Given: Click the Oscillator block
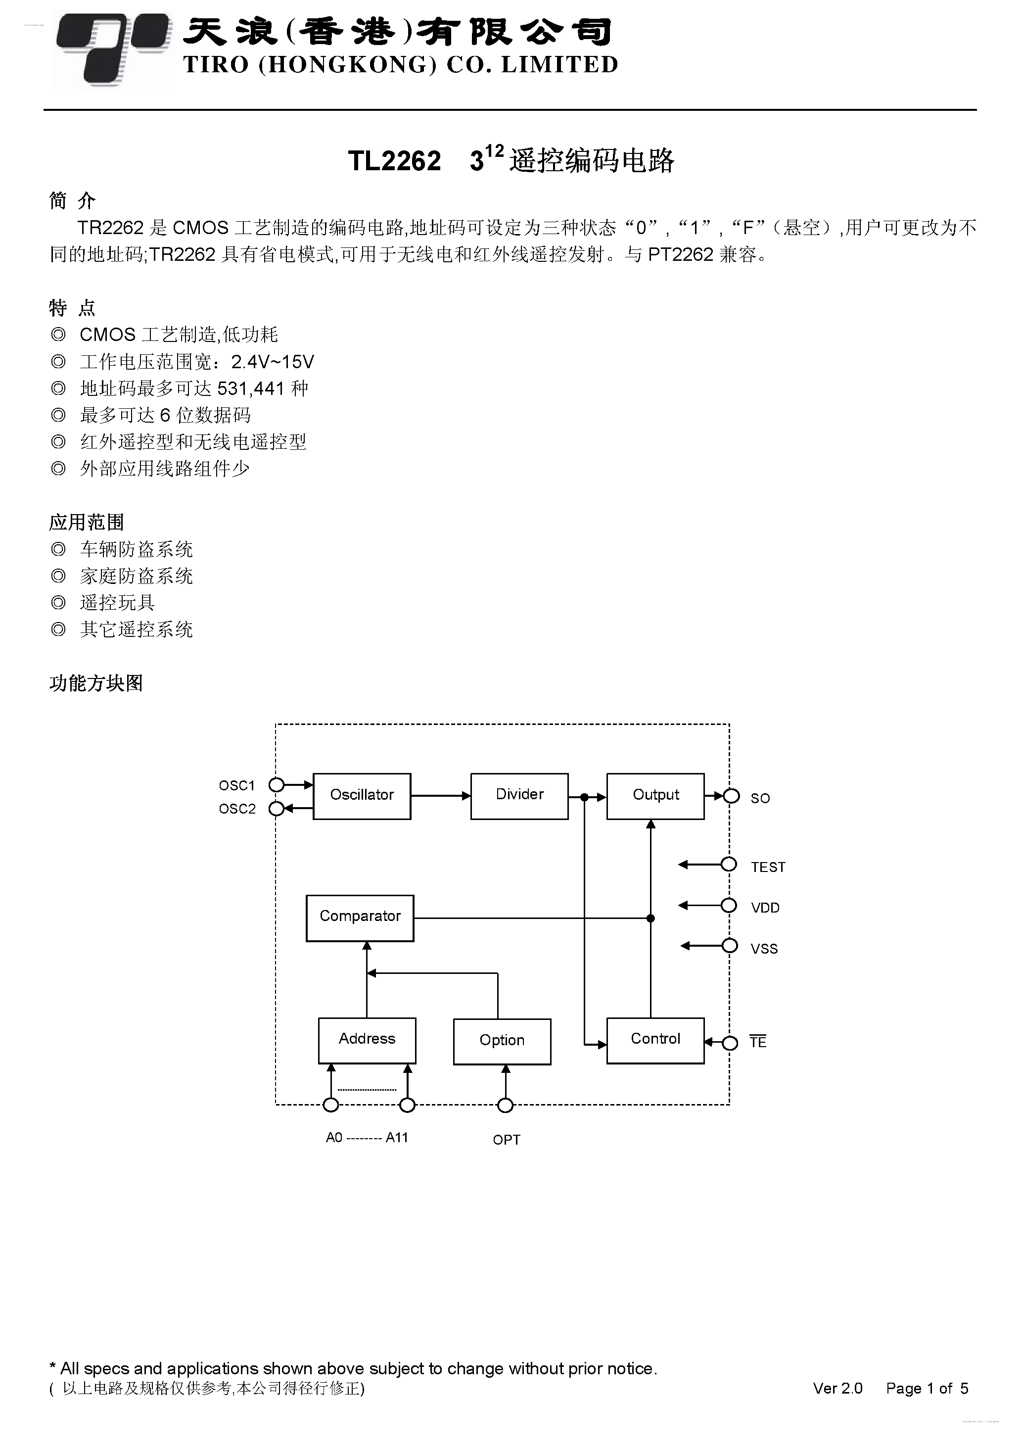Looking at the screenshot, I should click(362, 796).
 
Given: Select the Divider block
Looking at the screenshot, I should click(519, 796).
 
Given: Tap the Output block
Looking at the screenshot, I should click(655, 796).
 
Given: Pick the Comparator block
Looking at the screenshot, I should click(360, 917).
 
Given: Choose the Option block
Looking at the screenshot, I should click(502, 1042).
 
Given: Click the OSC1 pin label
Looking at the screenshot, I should click(237, 785).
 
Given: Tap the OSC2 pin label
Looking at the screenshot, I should click(237, 809).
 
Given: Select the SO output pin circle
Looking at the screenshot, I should click(731, 796).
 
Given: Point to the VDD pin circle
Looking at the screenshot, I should click(729, 906).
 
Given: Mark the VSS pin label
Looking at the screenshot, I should click(764, 949).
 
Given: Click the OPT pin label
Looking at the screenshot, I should click(507, 1140).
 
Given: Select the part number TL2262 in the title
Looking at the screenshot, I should click(394, 161).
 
